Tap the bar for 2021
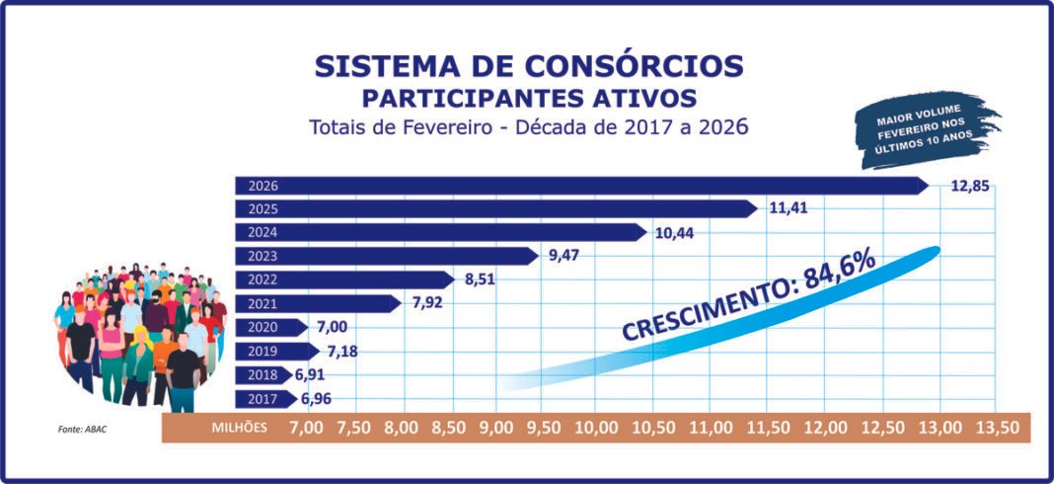coord(317,303)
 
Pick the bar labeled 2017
coord(264,399)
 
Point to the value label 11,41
coord(790,209)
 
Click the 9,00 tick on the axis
coord(495,428)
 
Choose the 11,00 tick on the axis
coord(711,428)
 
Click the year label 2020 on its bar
coord(263,328)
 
